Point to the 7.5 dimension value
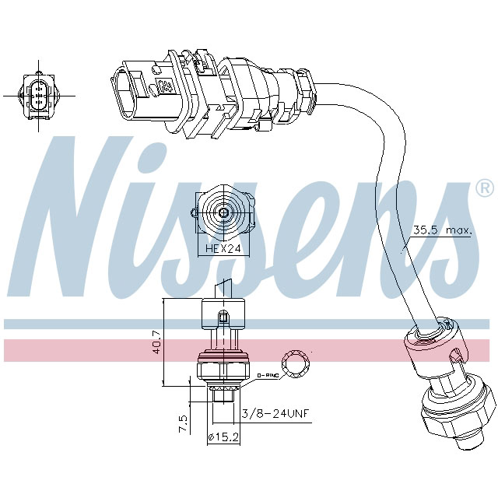click(183, 424)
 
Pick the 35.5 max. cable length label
click(441, 231)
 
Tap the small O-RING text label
click(267, 376)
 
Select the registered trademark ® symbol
click(483, 188)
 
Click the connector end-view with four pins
click(37, 96)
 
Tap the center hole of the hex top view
click(223, 212)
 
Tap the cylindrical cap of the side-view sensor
click(223, 316)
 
